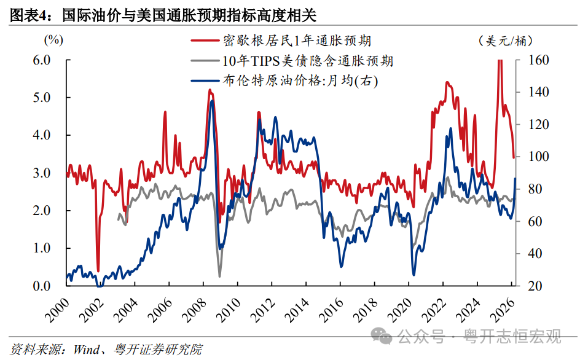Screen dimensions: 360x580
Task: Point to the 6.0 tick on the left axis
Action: click(41, 60)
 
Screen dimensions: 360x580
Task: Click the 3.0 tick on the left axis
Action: click(41, 173)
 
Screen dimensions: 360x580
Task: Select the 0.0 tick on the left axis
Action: click(41, 286)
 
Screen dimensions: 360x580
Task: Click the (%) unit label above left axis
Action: click(53, 41)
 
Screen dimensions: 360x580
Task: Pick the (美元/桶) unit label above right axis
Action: click(505, 41)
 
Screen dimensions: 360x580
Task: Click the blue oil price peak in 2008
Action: click(212, 101)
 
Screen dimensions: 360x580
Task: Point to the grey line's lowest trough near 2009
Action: click(219, 276)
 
